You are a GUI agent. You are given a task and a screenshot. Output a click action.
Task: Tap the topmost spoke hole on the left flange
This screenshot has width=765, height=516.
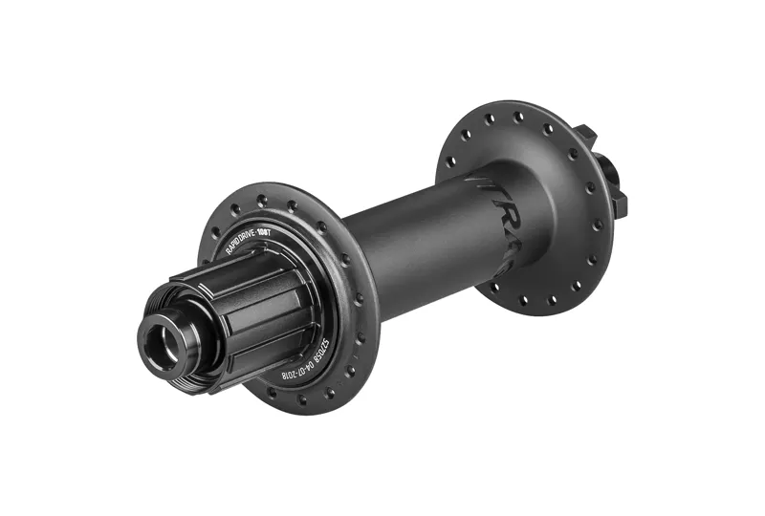260,199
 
